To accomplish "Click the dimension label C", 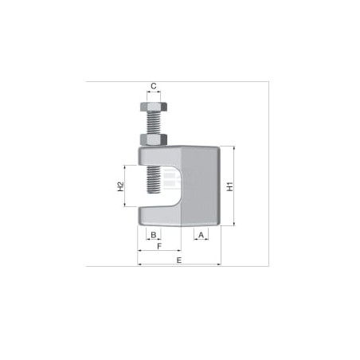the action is [154, 86].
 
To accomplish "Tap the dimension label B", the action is [154, 235].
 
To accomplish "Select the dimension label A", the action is [201, 235].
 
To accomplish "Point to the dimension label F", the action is [159, 246].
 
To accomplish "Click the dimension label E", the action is [179, 260].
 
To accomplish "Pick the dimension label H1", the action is [230, 186].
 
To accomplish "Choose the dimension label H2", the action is [120, 186].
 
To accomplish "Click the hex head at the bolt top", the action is [154, 107].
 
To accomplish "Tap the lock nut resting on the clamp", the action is [154, 139].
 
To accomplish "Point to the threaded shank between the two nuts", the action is [154, 123].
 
